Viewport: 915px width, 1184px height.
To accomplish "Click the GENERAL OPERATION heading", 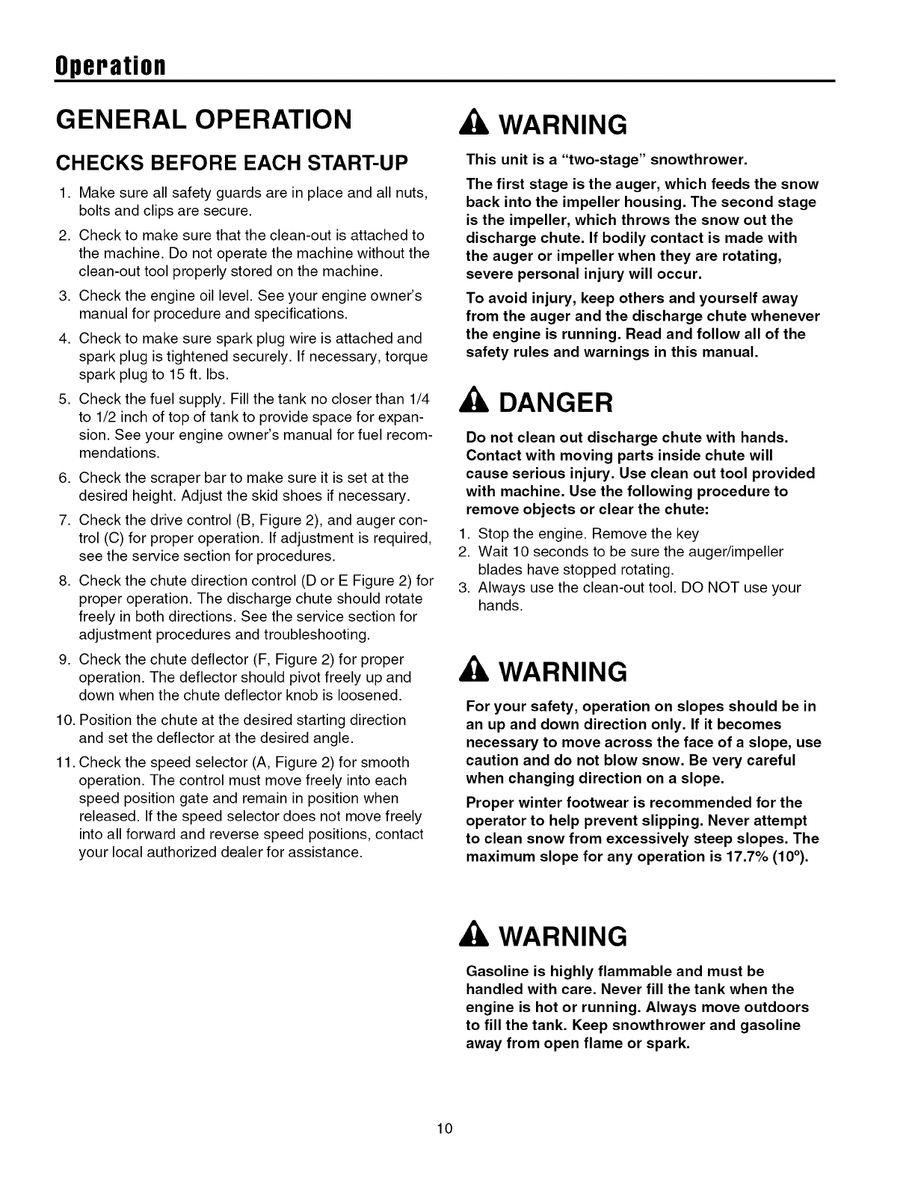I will pyautogui.click(x=202, y=119).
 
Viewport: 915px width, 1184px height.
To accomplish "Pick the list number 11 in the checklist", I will pyautogui.click(x=66, y=762).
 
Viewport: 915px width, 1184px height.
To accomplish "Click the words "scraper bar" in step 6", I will pyautogui.click(x=158, y=478).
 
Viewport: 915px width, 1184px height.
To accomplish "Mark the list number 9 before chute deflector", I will pyautogui.click(x=64, y=659).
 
